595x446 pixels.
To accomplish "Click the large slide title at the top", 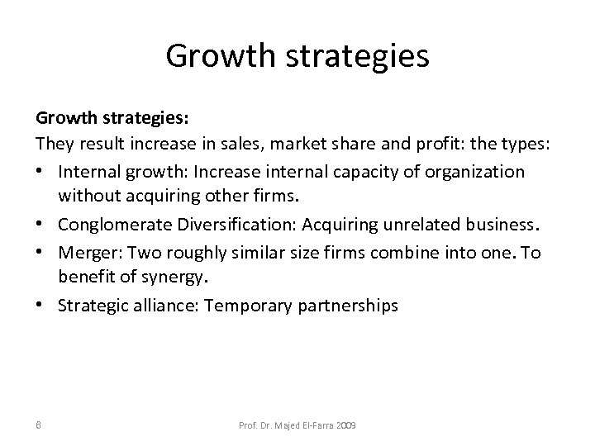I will pyautogui.click(x=297, y=56).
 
